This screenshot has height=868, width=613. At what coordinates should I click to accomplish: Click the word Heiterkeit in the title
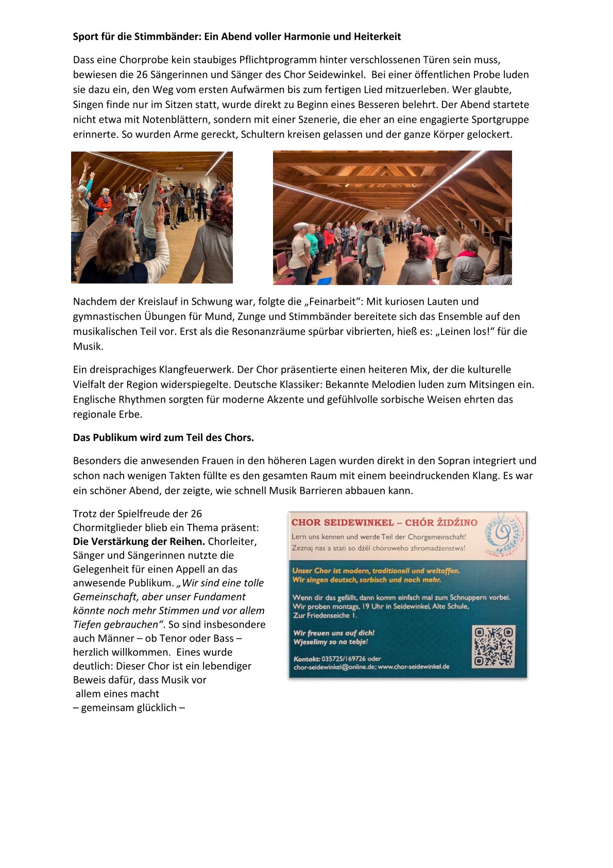click(377, 37)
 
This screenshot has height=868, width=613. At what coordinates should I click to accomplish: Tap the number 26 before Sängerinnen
click(142, 75)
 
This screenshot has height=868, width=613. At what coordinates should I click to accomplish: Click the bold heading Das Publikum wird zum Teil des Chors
click(163, 438)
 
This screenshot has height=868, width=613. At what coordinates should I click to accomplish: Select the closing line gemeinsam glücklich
click(129, 708)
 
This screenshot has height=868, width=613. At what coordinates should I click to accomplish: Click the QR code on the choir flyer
click(493, 646)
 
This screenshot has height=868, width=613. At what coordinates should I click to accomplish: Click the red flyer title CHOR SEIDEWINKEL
click(343, 523)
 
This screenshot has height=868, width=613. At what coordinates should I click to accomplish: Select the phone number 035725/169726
click(344, 659)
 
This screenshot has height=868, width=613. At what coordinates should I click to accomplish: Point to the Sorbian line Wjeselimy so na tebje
click(330, 642)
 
